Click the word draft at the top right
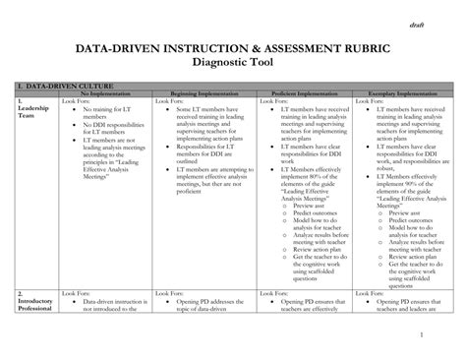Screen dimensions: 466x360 pyautogui.click(x=418, y=24)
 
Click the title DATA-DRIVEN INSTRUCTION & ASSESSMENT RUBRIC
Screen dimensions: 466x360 pyautogui.click(x=233, y=47)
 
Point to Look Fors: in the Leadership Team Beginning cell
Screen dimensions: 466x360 pyautogui.click(x=169, y=101)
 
